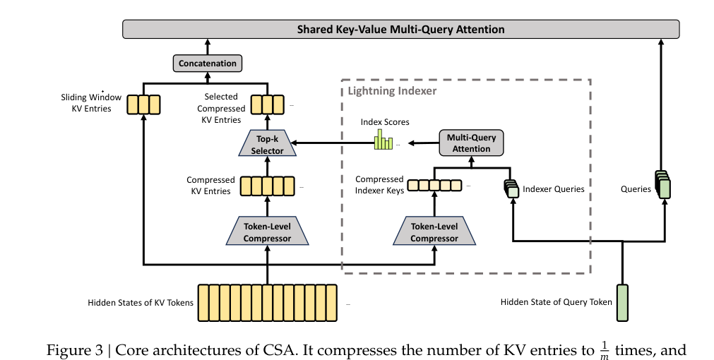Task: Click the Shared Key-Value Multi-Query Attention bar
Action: (400, 29)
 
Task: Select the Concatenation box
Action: (208, 64)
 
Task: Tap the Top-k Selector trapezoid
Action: (267, 145)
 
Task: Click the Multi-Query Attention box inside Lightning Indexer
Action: (471, 143)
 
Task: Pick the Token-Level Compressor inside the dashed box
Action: (434, 232)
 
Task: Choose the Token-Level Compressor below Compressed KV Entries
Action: (267, 232)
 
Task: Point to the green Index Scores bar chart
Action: (383, 140)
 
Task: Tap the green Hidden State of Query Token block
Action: (622, 301)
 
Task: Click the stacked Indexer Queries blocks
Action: (511, 188)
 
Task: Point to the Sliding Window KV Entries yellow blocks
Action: (143, 105)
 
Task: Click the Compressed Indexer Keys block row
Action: (434, 186)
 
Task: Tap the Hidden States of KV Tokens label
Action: (141, 303)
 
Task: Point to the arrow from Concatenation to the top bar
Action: (208, 47)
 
